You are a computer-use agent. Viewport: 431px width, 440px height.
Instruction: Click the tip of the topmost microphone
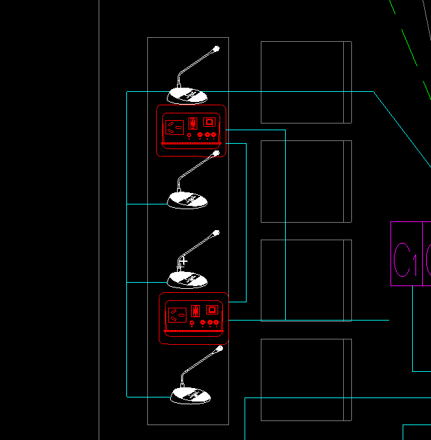pyautogui.click(x=216, y=49)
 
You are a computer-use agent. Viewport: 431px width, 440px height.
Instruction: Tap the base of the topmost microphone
pyautogui.click(x=187, y=95)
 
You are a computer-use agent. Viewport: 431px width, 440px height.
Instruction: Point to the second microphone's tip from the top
pyautogui.click(x=216, y=154)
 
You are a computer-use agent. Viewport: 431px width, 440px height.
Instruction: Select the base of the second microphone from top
pyautogui.click(x=187, y=200)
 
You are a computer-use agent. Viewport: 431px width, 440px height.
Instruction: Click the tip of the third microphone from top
pyautogui.click(x=216, y=233)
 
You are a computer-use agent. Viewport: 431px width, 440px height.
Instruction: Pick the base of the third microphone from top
pyautogui.click(x=187, y=279)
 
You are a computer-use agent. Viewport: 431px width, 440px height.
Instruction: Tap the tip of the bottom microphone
pyautogui.click(x=220, y=349)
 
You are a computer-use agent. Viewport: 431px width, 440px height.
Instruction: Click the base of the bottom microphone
pyautogui.click(x=191, y=395)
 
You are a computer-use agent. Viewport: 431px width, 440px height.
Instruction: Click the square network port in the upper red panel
pyautogui.click(x=209, y=121)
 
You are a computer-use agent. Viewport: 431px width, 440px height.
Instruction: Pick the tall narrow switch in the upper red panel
pyautogui.click(x=193, y=123)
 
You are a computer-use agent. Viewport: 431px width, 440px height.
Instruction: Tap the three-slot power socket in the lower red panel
pyautogui.click(x=178, y=314)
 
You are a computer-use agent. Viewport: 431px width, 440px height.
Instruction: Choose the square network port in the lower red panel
pyautogui.click(x=212, y=310)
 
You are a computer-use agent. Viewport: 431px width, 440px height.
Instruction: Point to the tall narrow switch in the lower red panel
pyautogui.click(x=195, y=311)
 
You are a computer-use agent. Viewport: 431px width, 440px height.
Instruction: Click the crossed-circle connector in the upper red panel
pyautogui.click(x=189, y=136)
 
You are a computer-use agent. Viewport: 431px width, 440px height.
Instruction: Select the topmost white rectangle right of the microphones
pyautogui.click(x=306, y=82)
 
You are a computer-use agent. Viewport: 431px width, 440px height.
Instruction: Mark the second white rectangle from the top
pyautogui.click(x=306, y=181)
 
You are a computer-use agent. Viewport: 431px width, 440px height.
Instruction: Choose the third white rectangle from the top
pyautogui.click(x=306, y=280)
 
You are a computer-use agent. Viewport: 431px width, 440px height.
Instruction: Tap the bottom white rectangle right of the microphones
pyautogui.click(x=306, y=379)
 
